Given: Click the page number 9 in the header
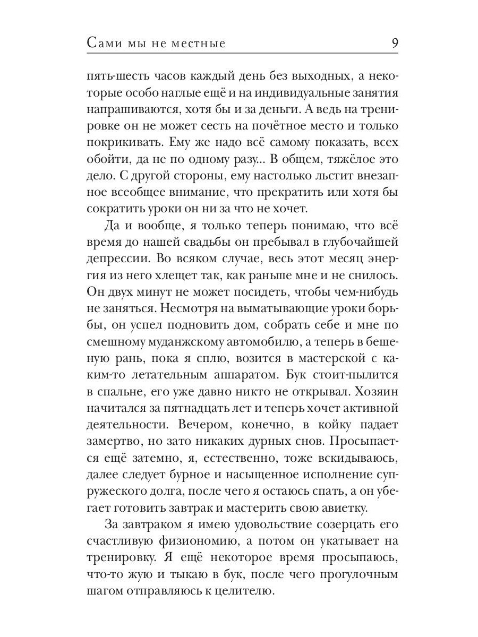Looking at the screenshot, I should pos(395,43).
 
